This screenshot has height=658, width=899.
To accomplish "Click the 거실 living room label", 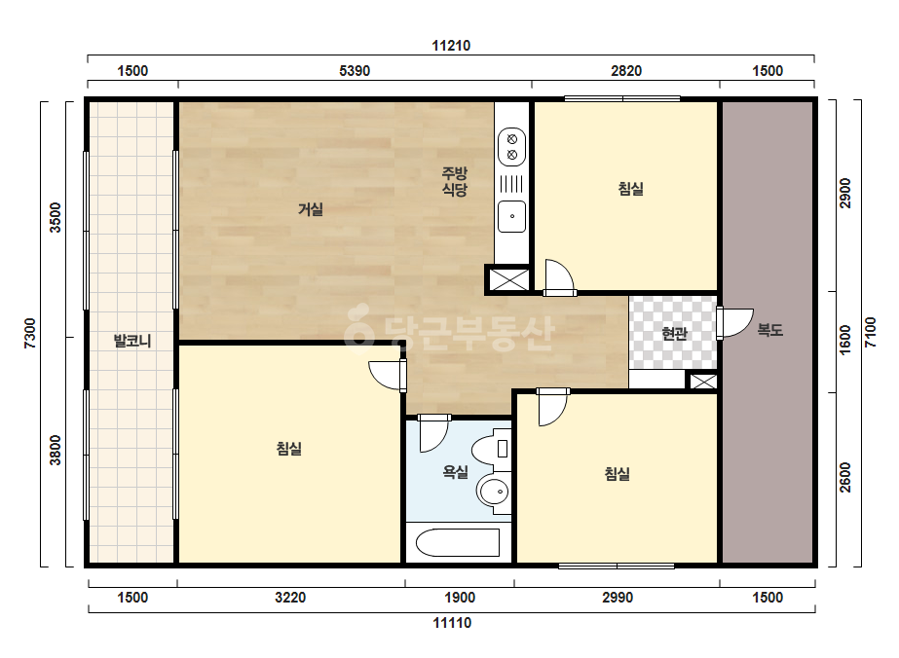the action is click(x=310, y=210).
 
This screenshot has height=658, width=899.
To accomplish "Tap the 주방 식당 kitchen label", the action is click(x=455, y=181).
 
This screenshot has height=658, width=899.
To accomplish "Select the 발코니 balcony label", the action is click(x=132, y=341).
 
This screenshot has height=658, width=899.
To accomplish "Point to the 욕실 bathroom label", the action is click(x=455, y=472).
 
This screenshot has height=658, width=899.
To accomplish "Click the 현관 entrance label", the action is click(x=674, y=333).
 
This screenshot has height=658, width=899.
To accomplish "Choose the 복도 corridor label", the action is click(x=770, y=330).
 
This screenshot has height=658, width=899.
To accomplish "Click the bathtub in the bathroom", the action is click(x=458, y=542).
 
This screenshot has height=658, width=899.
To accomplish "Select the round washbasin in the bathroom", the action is click(x=494, y=492).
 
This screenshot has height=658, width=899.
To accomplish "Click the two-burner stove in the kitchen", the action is click(x=512, y=147).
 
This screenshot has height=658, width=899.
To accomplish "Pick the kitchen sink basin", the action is click(x=512, y=216).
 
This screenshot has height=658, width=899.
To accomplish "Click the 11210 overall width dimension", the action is click(x=451, y=46).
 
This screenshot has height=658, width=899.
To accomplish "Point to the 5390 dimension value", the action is click(x=355, y=70).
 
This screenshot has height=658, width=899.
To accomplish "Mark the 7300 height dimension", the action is click(x=30, y=334).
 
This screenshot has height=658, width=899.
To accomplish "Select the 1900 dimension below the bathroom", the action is click(x=460, y=598).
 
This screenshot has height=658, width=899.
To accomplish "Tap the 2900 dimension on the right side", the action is click(x=845, y=194).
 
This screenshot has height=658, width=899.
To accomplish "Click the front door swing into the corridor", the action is click(x=734, y=323).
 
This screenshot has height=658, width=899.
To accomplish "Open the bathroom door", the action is click(x=432, y=433).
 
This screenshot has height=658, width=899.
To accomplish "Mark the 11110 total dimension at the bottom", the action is click(x=452, y=622).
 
